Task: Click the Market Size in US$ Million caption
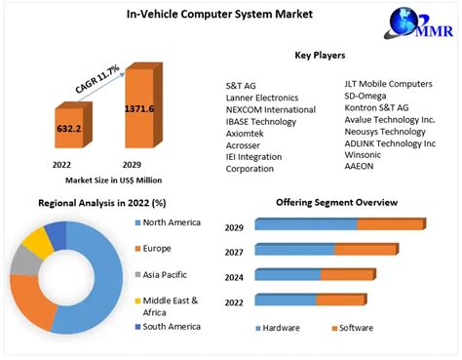pyautogui.click(x=99, y=180)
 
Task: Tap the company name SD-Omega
pyautogui.click(x=366, y=95)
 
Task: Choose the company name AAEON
pyautogui.click(x=360, y=165)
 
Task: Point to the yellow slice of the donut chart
pyautogui.click(x=38, y=240)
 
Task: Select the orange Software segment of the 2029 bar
pyautogui.click(x=390, y=224)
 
